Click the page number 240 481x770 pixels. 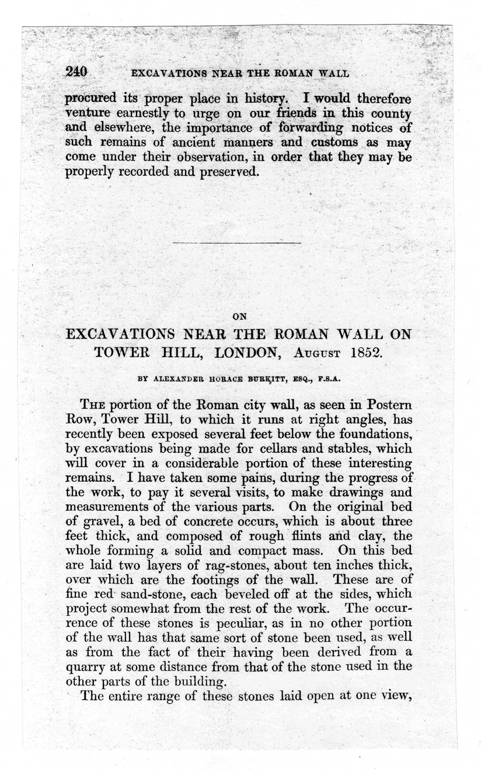click(x=76, y=72)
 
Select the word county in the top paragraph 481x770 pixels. click(x=391, y=112)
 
